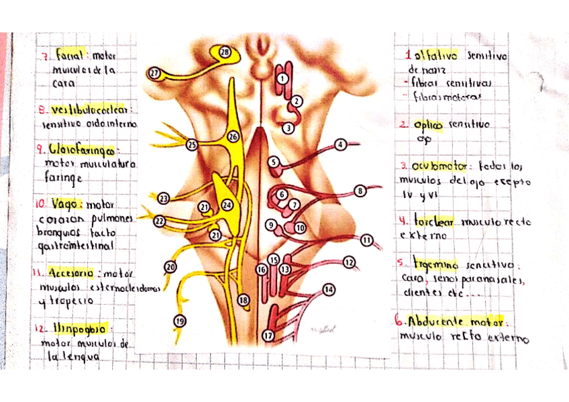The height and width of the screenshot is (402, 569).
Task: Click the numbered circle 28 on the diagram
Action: pyautogui.click(x=225, y=52)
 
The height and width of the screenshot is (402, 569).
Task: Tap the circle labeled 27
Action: pyautogui.click(x=154, y=73)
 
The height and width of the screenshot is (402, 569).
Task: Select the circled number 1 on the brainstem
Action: pyautogui.click(x=282, y=79)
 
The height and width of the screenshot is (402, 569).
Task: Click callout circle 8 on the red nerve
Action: pyautogui.click(x=360, y=191)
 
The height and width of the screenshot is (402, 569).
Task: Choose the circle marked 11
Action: pyautogui.click(x=366, y=240)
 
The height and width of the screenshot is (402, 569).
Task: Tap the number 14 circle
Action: pyautogui.click(x=329, y=290)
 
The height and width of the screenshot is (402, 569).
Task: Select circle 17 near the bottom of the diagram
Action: pyautogui.click(x=268, y=336)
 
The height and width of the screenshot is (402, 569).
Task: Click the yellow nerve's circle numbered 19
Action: pyautogui.click(x=180, y=321)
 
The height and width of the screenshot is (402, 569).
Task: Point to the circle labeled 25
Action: pyautogui.click(x=193, y=144)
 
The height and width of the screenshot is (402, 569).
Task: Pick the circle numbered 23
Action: pyautogui.click(x=164, y=198)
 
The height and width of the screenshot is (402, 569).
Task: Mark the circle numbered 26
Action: pyautogui.click(x=233, y=136)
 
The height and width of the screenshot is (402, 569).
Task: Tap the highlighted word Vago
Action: pyautogui.click(x=70, y=203)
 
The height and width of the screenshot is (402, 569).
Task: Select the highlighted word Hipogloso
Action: pyautogui.click(x=78, y=329)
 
